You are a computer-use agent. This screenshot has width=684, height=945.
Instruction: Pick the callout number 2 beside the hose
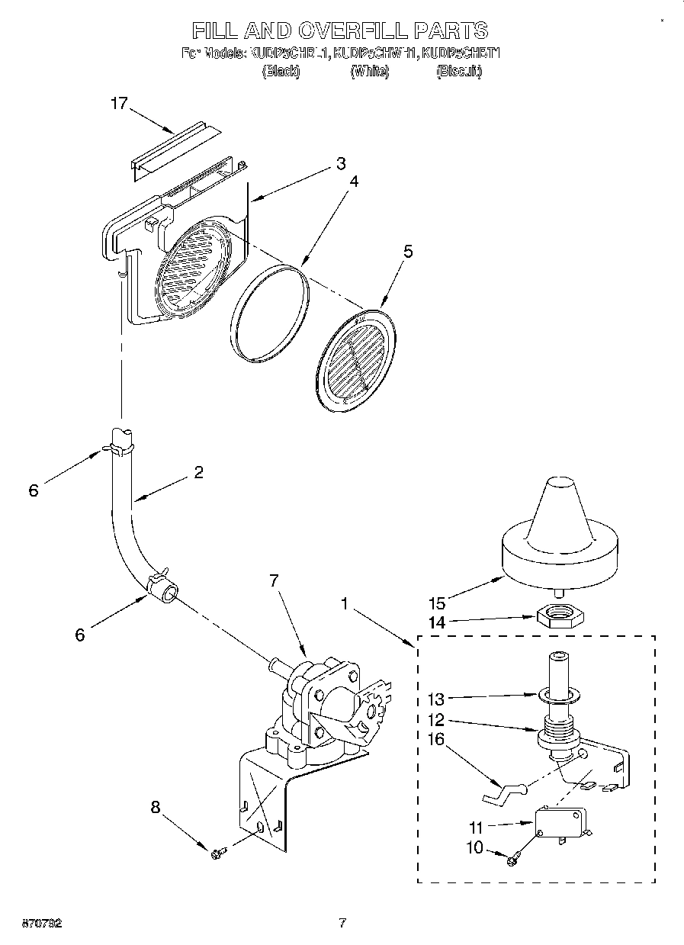pos(198,473)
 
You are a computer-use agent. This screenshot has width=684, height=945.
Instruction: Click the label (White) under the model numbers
pos(370,71)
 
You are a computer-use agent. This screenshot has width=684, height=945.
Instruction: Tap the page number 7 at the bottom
pos(342,924)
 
